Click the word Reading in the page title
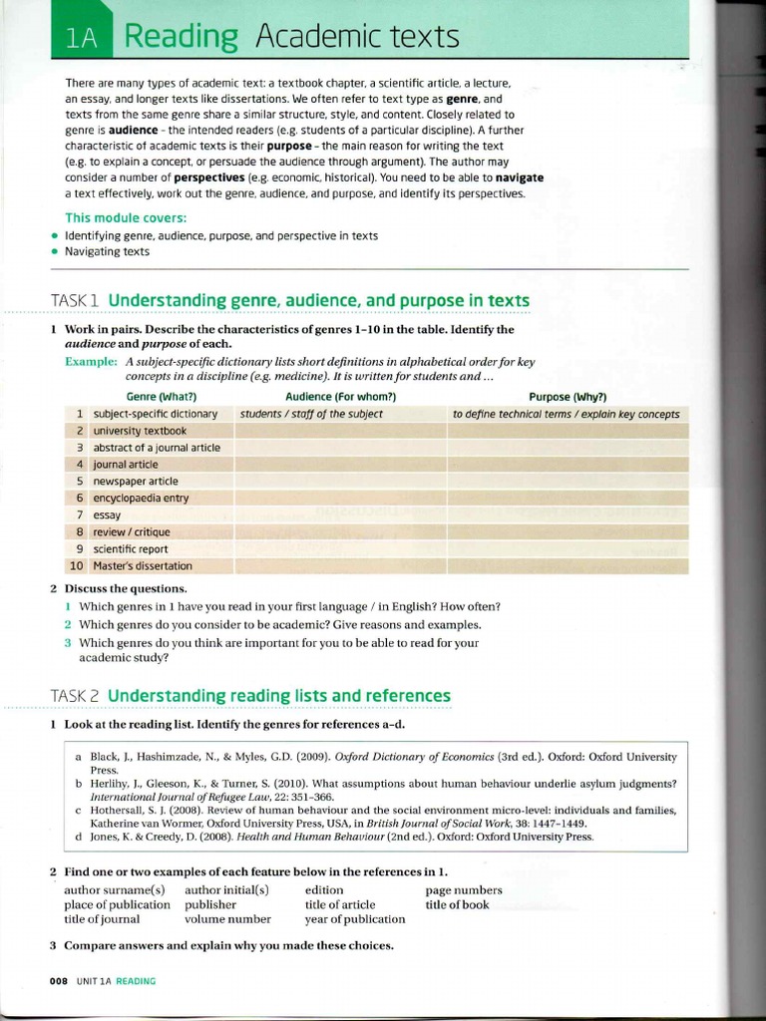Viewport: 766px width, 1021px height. click(182, 37)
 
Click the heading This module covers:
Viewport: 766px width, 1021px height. click(126, 217)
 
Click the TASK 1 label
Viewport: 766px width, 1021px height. click(76, 301)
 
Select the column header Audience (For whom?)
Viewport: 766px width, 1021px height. click(341, 396)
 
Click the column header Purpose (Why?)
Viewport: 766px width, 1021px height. click(568, 396)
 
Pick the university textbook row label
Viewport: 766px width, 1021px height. click(140, 431)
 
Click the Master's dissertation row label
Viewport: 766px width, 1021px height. click(143, 565)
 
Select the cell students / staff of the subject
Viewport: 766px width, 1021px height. click(311, 414)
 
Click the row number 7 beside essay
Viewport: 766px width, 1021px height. click(79, 514)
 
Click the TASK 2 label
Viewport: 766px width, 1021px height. click(76, 695)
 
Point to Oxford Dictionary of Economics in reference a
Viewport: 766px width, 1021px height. click(426, 757)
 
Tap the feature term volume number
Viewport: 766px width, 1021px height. click(227, 919)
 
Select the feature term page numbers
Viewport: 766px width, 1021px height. click(464, 889)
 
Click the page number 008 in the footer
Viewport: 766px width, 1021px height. click(58, 981)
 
